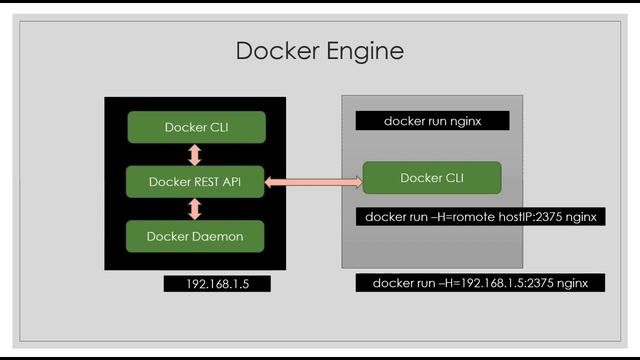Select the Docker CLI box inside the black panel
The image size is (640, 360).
(196, 127)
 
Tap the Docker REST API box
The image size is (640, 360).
(196, 182)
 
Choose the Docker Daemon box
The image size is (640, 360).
(196, 236)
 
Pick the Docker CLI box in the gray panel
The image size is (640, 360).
(431, 178)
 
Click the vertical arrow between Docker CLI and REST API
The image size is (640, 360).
(195, 155)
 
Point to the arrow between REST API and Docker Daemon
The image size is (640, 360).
(195, 209)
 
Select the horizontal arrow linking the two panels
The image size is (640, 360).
(313, 182)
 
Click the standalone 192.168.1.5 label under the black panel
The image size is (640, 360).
(218, 284)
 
